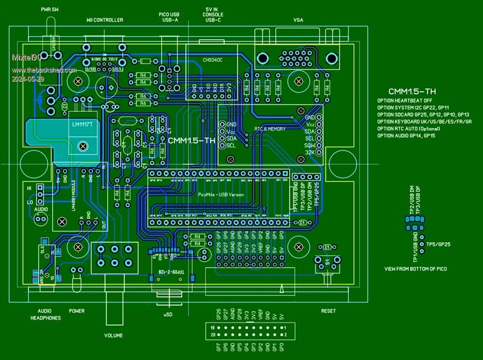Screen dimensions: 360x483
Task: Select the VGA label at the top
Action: [x=298, y=20]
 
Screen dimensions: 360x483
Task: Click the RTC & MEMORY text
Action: [x=269, y=129]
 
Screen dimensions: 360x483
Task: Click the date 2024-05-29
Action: [x=28, y=79]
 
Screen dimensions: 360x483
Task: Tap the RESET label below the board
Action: [x=328, y=311]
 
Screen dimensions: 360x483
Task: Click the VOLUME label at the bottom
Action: [x=114, y=335]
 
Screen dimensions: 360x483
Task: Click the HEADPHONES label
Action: [x=46, y=318]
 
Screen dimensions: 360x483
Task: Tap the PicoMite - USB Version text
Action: [x=220, y=194]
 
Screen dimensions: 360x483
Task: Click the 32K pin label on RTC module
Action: [x=310, y=153]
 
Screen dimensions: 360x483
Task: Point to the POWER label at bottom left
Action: [x=77, y=311]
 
